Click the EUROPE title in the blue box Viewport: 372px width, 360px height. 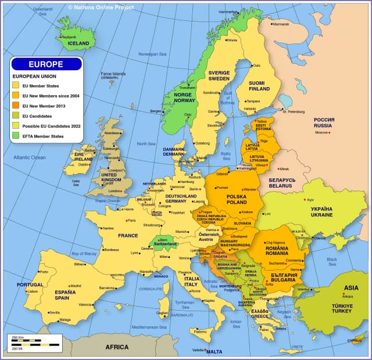pyautogui.click(x=46, y=64)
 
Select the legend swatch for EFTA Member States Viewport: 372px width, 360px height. pyautogui.click(x=16, y=136)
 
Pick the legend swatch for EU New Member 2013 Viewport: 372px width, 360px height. pyautogui.click(x=16, y=106)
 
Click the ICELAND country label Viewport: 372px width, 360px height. pyautogui.click(x=79, y=43)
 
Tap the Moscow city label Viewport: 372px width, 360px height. pyautogui.click(x=322, y=132)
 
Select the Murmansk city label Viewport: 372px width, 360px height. pyautogui.click(x=281, y=24)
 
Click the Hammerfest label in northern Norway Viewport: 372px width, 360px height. pyautogui.click(x=228, y=12)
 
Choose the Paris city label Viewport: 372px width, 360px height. pyautogui.click(x=131, y=221)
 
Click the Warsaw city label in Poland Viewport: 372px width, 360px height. pyautogui.click(x=249, y=189)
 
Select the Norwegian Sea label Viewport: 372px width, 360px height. pyautogui.click(x=152, y=54)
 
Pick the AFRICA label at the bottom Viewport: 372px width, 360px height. pyautogui.click(x=116, y=347)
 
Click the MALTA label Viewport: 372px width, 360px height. pyautogui.click(x=214, y=352)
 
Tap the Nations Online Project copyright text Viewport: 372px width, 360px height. pyautogui.click(x=101, y=7)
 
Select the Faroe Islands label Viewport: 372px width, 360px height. pyautogui.click(x=113, y=75)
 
